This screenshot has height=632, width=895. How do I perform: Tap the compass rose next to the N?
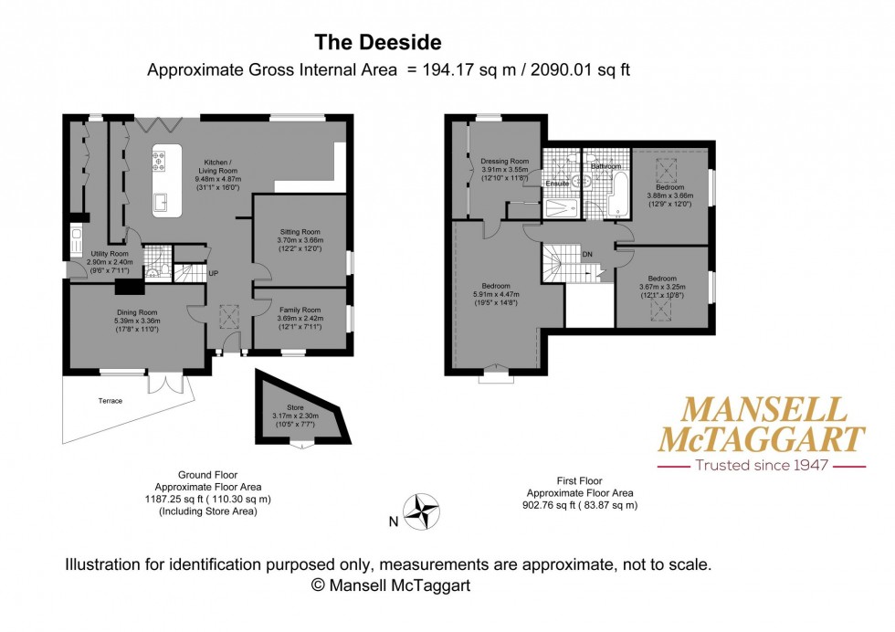tap(421, 511)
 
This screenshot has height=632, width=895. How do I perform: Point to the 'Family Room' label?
tap(300, 310)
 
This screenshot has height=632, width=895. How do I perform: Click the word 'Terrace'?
tap(110, 401)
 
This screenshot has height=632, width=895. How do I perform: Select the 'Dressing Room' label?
tap(504, 162)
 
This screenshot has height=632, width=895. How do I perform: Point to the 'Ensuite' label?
tap(557, 184)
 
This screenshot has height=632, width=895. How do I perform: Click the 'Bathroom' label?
tap(605, 167)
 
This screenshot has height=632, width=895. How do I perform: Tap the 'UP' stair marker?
tap(214, 273)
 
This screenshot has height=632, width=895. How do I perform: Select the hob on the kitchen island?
tap(159, 162)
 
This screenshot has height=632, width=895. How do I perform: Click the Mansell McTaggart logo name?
tap(762, 425)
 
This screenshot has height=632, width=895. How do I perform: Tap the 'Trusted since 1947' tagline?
tap(762, 465)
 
